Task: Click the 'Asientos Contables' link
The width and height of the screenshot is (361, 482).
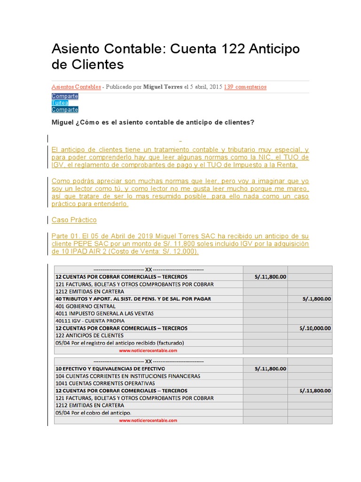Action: click(76, 87)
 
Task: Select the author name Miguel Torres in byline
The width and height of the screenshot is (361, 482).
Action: click(163, 87)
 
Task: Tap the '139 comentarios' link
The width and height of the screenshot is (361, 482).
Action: click(245, 87)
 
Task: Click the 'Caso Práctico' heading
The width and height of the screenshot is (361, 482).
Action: click(74, 220)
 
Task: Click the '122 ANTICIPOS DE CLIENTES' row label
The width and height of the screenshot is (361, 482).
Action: click(89, 335)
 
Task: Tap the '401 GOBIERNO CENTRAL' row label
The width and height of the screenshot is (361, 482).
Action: click(85, 306)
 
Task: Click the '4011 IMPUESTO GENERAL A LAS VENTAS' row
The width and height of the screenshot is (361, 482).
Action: click(104, 313)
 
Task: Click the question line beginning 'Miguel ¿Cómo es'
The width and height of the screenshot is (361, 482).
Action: click(153, 122)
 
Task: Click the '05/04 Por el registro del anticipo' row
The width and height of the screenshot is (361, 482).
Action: click(119, 343)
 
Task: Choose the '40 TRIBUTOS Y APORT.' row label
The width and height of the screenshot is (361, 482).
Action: click(133, 299)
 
